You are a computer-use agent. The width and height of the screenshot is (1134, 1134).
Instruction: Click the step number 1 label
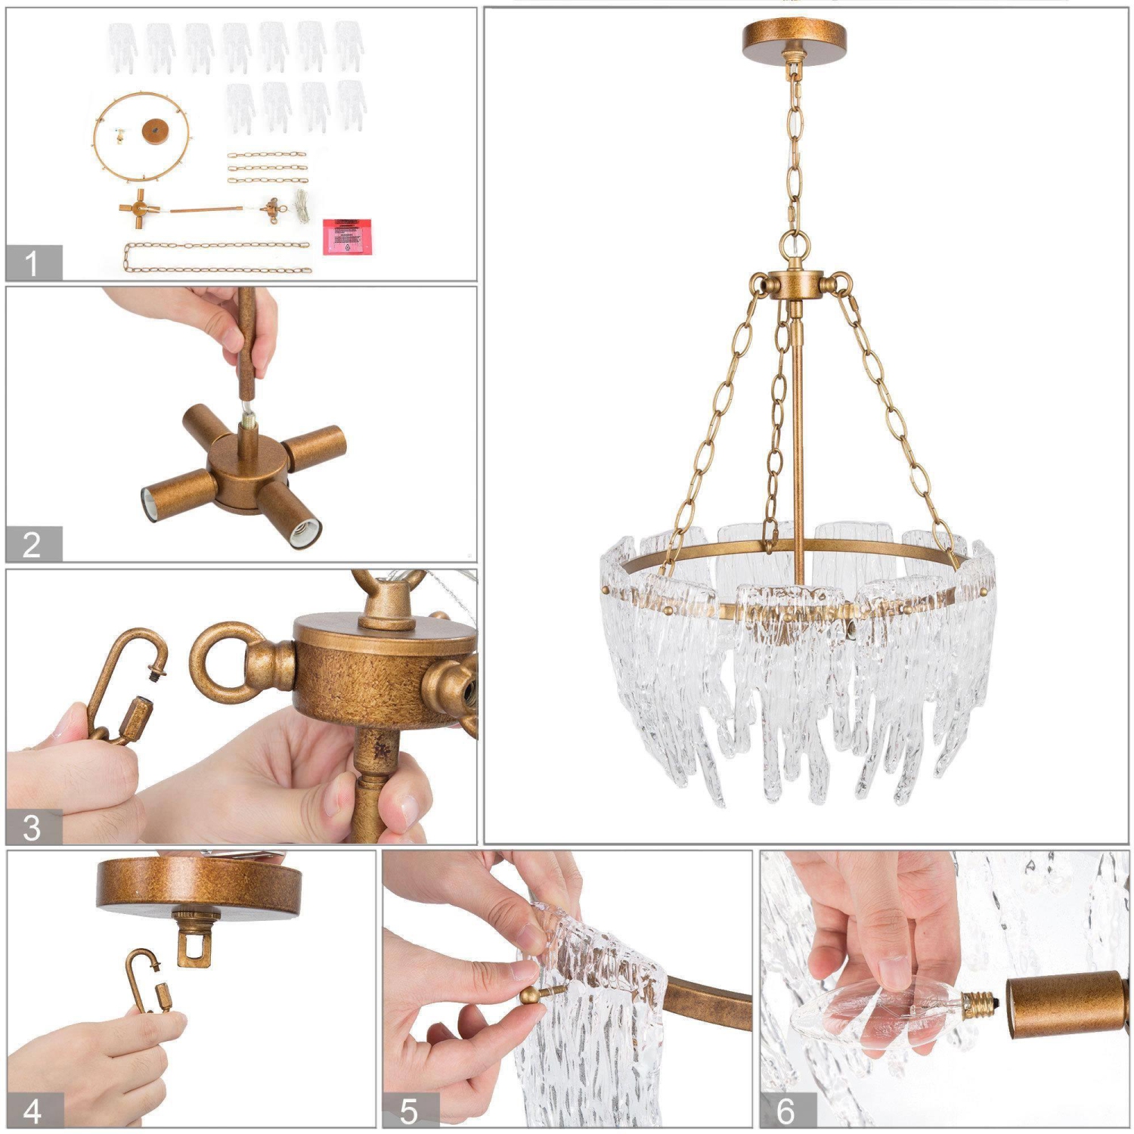pos(32,263)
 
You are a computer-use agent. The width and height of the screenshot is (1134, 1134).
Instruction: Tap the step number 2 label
pos(32,544)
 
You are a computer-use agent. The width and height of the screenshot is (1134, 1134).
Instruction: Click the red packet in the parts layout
pos(347,235)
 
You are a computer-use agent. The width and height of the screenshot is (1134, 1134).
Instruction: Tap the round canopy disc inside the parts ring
pos(154,131)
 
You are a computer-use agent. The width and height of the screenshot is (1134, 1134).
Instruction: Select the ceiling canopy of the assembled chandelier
pos(794,35)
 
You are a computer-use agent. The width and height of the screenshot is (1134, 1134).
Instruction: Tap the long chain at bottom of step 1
pos(218,257)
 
